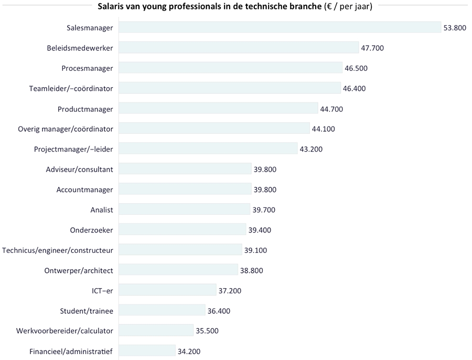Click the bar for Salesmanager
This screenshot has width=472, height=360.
click(280, 27)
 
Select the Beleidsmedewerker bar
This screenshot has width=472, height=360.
click(239, 48)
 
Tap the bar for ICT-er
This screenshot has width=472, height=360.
click(167, 290)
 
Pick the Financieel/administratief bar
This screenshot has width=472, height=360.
click(147, 351)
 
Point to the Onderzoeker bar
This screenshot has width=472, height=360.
click(182, 230)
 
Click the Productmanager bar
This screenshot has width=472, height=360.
click(218, 109)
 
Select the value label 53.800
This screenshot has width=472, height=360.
click(455, 28)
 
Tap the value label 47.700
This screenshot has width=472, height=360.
click(372, 48)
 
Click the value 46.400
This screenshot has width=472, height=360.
click(354, 88)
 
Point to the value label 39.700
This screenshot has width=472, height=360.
click(264, 210)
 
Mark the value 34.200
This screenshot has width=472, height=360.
click(189, 352)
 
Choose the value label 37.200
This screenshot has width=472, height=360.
click(230, 291)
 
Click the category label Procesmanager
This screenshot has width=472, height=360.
click(87, 68)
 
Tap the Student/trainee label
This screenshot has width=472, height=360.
click(87, 311)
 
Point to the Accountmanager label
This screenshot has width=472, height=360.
click(84, 189)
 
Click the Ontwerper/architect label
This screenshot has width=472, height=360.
click(79, 270)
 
